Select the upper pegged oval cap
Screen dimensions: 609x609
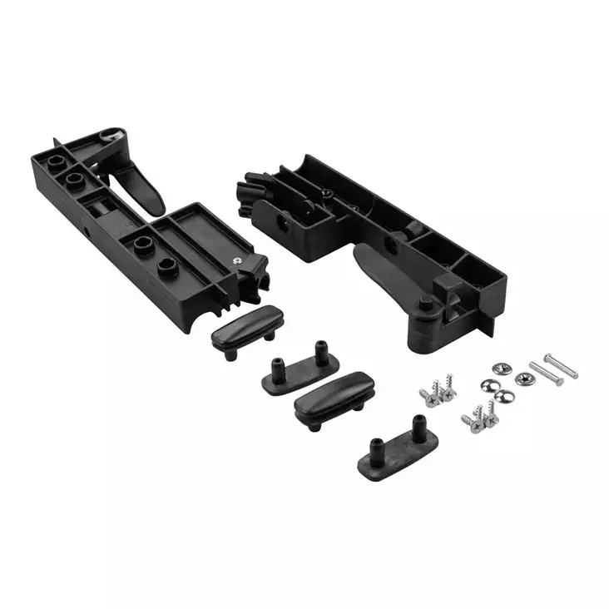click(x=299, y=370)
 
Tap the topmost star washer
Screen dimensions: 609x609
click(x=498, y=369)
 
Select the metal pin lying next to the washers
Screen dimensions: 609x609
click(x=546, y=373)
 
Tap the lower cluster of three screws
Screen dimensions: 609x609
click(x=480, y=417)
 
